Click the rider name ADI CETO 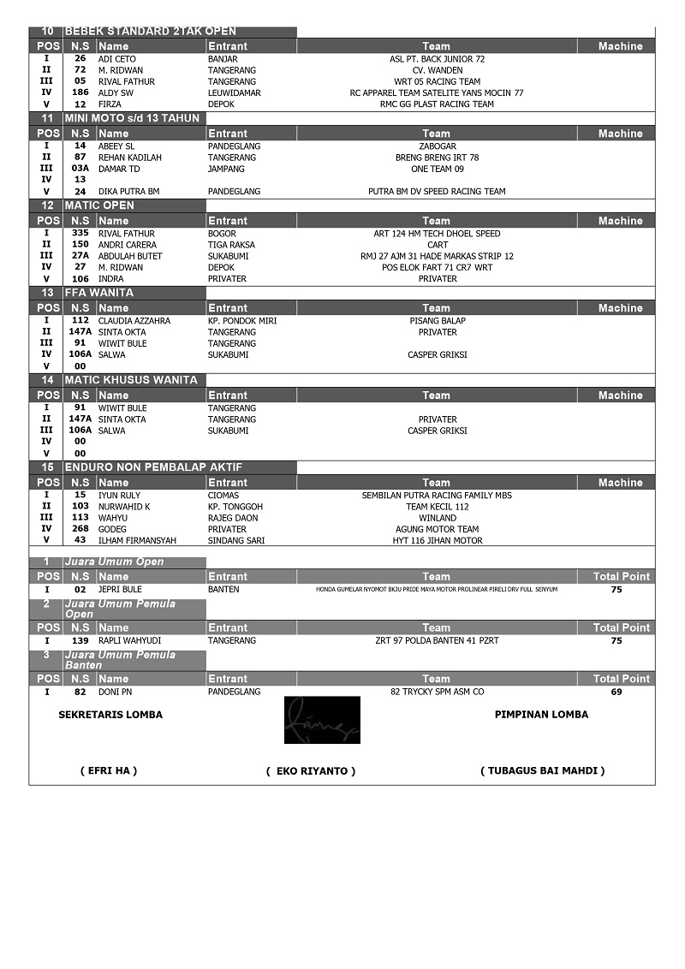117,59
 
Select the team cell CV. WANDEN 437,70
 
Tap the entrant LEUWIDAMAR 235,92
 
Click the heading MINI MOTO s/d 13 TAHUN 132,118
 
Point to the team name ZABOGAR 437,146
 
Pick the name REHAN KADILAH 130,158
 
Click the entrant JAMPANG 226,169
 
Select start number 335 80,233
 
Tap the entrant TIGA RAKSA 231,245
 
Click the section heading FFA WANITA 99,293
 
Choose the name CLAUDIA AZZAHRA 134,321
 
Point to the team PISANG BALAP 437,321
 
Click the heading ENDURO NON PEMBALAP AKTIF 153,467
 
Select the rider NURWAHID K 124,507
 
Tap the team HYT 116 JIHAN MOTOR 437,540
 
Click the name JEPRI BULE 120,590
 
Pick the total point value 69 616,692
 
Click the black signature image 322,720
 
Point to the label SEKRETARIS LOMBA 110,715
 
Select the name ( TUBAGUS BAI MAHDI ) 542,770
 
